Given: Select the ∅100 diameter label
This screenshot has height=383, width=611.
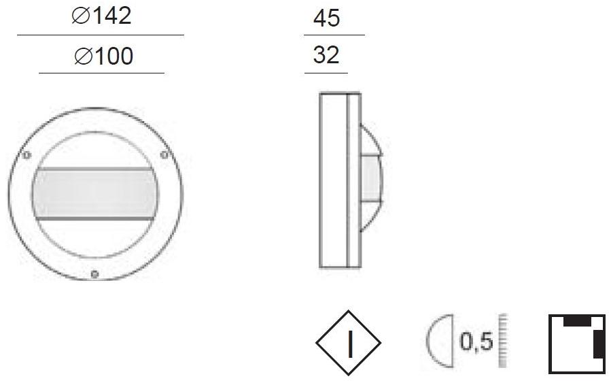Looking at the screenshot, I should pos(103,56).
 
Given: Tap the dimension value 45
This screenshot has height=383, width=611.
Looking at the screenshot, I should pos(326,18).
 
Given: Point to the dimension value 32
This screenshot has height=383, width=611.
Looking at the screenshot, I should pos(326,55).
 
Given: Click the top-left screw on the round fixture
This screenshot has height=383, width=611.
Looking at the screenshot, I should pos(27,155).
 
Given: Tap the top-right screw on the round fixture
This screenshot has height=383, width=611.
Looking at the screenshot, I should pos(163,155).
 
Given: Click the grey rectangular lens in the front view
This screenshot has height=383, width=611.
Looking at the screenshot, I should pos(94,193).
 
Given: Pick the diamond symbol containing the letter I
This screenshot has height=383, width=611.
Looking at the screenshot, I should pos(348,344).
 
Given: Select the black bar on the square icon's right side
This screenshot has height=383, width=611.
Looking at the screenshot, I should pos(598,344).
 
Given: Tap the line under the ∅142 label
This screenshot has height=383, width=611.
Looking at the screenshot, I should pos(101,35).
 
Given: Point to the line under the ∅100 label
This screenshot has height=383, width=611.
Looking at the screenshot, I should pos(102,73).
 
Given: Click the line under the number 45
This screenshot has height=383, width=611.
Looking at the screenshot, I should pos(334,35).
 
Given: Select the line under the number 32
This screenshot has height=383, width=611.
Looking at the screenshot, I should pos(326,72).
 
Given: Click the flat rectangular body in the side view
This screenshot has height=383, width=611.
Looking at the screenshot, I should pos(333,180).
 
